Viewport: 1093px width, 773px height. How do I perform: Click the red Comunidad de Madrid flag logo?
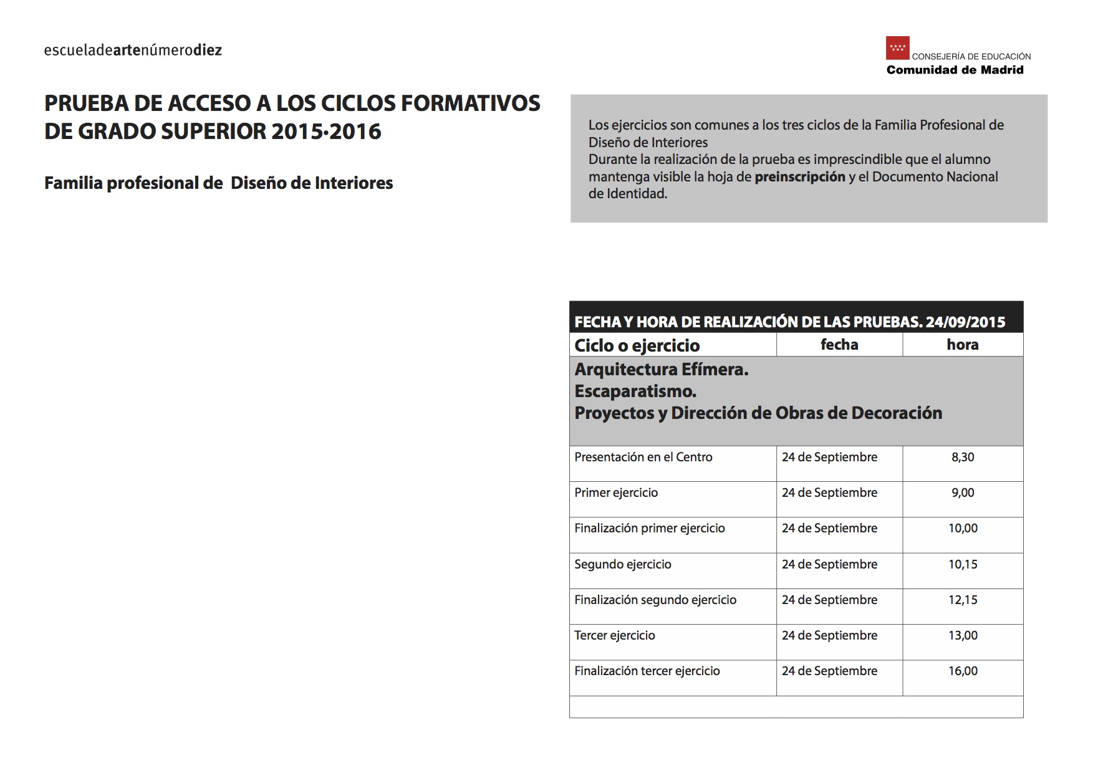tap(897, 48)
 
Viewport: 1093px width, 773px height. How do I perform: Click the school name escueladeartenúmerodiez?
tap(133, 50)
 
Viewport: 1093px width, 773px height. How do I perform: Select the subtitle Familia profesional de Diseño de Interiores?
tap(218, 183)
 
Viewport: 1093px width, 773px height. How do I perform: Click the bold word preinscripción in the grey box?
tap(799, 177)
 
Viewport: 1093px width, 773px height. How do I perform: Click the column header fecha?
tap(839, 345)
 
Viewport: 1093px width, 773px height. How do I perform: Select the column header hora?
tap(962, 345)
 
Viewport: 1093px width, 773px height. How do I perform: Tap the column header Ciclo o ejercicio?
tap(637, 345)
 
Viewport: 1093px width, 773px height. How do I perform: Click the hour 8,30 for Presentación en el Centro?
tap(963, 458)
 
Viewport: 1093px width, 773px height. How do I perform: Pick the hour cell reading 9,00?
tap(963, 493)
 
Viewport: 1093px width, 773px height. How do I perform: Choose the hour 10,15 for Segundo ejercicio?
tap(963, 565)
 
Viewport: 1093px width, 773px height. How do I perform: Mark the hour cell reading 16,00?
tap(963, 671)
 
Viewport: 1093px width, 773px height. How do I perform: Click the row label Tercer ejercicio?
tap(614, 636)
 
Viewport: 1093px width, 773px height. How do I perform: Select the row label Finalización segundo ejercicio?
tap(655, 600)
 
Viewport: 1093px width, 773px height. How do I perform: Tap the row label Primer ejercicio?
tap(615, 493)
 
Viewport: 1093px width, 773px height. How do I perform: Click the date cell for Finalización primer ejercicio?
tap(829, 529)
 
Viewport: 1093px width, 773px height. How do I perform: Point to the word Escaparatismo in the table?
tap(635, 391)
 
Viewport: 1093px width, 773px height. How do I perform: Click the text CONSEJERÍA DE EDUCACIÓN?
tap(971, 57)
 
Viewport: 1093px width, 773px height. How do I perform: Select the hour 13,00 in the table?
tap(963, 636)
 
